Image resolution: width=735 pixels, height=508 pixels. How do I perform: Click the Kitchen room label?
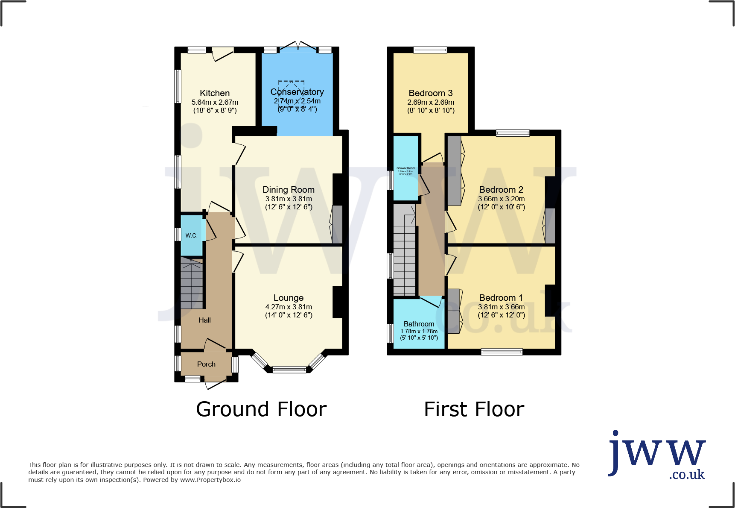[x=215, y=93]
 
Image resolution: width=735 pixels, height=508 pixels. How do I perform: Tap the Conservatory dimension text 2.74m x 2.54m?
[x=297, y=101]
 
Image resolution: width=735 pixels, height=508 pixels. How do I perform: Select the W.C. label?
[x=191, y=235]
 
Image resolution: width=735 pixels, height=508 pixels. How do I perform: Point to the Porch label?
[x=206, y=364]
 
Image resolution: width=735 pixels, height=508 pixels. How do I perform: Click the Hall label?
[x=204, y=320]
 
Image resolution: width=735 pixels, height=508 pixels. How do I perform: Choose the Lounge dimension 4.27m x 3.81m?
[x=289, y=307]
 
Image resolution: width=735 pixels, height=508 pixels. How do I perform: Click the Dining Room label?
[x=289, y=190]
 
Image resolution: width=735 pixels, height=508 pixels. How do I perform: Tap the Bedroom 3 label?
[x=431, y=93]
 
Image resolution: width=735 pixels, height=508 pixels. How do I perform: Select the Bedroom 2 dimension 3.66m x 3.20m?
[x=501, y=199]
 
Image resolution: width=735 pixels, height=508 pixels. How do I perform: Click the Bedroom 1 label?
[x=501, y=298]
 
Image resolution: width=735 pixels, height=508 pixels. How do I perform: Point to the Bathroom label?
[x=419, y=324]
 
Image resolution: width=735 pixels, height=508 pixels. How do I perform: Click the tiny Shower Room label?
[x=405, y=168]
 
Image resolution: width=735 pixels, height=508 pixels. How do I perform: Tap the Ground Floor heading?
[x=261, y=409]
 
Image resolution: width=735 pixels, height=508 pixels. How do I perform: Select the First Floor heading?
[x=474, y=409]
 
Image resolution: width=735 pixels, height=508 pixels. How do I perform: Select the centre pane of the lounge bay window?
[x=289, y=370]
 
